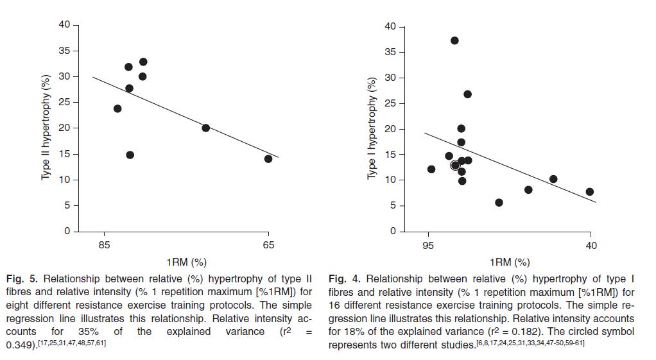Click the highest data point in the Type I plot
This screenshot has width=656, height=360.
click(x=454, y=40)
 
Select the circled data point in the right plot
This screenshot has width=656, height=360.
click(x=455, y=165)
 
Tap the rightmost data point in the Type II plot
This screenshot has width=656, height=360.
click(x=268, y=159)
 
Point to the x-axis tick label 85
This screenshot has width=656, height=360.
click(x=105, y=244)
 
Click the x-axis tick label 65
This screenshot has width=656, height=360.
click(x=268, y=244)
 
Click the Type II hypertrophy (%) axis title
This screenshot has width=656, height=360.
click(x=46, y=128)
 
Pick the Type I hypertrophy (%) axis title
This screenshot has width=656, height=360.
click(x=371, y=128)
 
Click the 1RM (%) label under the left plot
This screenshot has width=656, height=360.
click(x=186, y=262)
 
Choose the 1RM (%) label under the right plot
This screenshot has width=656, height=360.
click(x=510, y=262)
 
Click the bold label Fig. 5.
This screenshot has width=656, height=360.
click(x=22, y=279)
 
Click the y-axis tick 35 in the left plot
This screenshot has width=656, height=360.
click(x=65, y=51)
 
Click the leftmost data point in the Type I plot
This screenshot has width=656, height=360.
click(x=431, y=169)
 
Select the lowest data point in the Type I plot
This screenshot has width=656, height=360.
click(x=499, y=203)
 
